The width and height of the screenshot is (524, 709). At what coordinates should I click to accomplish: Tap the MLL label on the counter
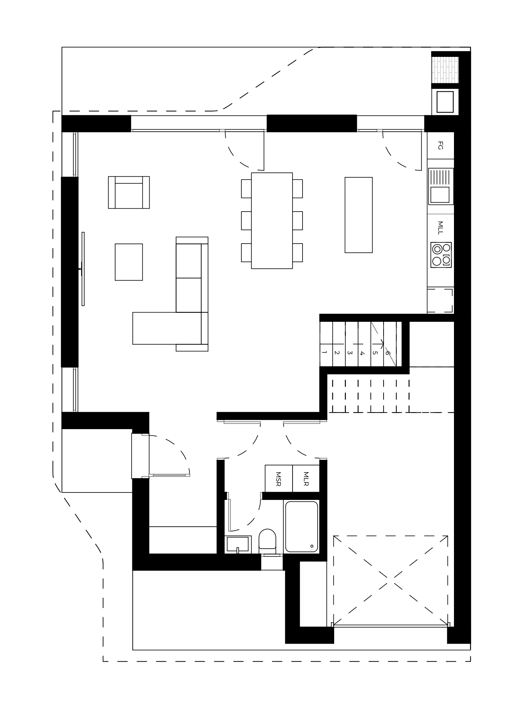(440, 228)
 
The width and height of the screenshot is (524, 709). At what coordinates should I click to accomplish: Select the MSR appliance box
(279, 479)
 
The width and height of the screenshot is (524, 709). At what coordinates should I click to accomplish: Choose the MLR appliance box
(306, 479)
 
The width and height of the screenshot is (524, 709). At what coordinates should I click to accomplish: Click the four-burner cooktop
(441, 255)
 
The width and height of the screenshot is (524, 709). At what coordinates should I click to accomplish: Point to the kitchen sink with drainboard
(441, 186)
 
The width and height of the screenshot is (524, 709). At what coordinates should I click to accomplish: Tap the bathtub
(301, 527)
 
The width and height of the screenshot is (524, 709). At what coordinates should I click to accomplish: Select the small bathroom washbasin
(238, 544)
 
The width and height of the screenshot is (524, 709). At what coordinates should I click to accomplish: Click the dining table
(272, 221)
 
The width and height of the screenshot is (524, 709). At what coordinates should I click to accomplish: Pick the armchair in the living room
(129, 192)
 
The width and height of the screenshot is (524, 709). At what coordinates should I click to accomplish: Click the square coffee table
(129, 262)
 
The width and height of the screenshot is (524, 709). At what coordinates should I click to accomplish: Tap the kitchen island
(359, 215)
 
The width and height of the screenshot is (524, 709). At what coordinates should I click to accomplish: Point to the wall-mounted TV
(83, 269)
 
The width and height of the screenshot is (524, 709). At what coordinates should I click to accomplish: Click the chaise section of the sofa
(167, 328)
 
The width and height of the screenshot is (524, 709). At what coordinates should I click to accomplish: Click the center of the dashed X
(391, 581)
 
